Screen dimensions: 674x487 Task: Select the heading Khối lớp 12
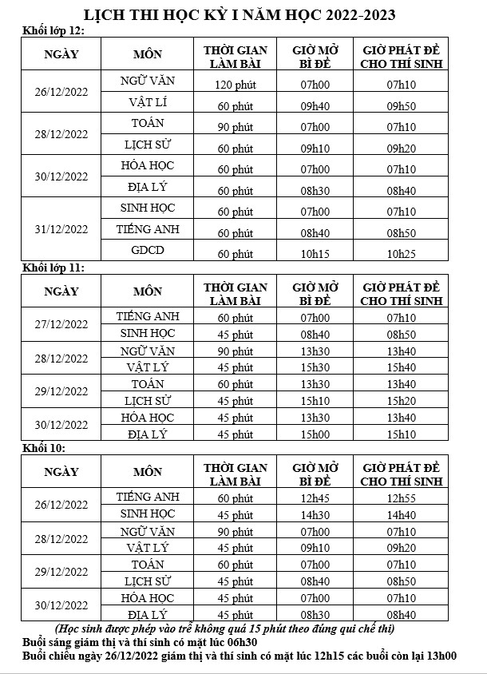click(53, 30)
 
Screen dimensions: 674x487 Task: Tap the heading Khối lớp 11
click(53, 267)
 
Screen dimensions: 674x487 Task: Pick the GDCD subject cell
click(147, 250)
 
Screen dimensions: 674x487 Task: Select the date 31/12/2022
click(61, 229)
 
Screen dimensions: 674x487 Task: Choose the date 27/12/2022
click(61, 325)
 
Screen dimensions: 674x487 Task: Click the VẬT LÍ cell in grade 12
click(147, 101)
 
